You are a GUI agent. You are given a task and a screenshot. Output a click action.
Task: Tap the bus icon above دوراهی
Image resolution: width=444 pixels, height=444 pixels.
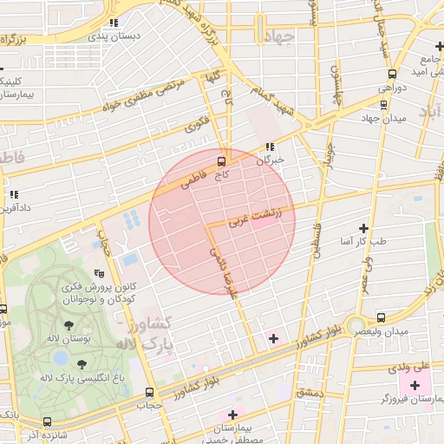[x=393, y=75]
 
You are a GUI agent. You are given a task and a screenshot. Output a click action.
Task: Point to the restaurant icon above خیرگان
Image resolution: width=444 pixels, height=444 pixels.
[x=271, y=147]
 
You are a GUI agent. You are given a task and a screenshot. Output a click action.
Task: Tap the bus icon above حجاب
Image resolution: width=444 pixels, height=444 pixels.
[x=149, y=392]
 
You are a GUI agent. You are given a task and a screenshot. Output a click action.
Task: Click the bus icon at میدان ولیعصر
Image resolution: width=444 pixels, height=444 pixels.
[x=382, y=317]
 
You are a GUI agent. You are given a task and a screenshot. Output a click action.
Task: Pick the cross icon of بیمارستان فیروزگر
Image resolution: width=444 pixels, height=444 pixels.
[x=414, y=385]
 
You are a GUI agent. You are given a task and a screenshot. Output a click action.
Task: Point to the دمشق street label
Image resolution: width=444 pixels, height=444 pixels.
[x=308, y=393]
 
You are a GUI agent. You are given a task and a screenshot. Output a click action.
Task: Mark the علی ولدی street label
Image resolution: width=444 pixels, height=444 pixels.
[x=411, y=367]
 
